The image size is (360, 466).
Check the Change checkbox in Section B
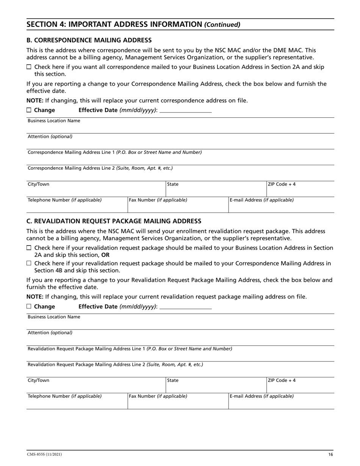click(x=29, y=110)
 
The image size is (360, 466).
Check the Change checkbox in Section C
click(x=29, y=306)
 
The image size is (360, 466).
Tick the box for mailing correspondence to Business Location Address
click(x=29, y=67)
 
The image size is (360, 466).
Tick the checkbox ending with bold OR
click(x=29, y=248)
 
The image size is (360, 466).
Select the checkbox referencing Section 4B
click(x=29, y=263)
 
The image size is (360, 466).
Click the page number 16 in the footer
click(x=330, y=455)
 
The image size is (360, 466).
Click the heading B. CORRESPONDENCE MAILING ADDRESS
click(x=89, y=40)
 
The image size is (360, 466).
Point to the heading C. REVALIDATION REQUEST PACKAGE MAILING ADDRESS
click(x=114, y=221)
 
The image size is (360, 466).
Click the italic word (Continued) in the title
click(x=222, y=25)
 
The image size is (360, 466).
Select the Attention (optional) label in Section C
click(x=50, y=333)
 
